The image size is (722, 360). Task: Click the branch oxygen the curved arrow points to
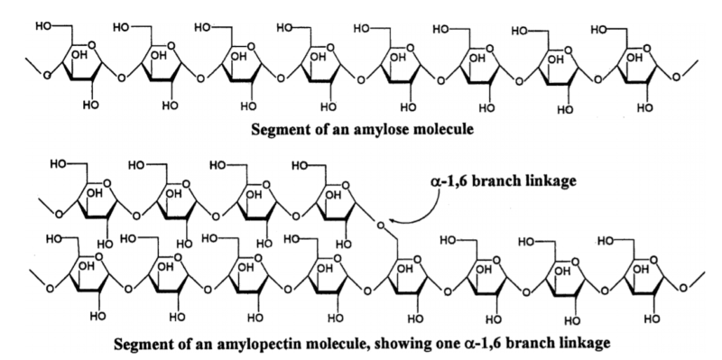click(380, 223)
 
